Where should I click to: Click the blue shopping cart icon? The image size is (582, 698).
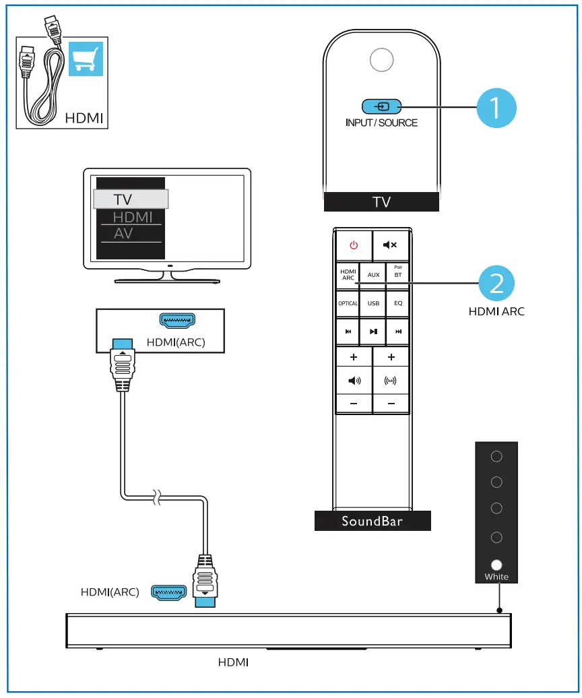tap(85, 61)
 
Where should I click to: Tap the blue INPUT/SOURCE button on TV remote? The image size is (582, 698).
tap(381, 106)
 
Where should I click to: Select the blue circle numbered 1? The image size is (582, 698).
tap(496, 108)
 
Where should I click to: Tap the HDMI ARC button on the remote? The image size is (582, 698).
tap(348, 275)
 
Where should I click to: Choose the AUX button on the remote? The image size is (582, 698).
tap(373, 276)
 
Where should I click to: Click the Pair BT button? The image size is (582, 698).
tap(398, 275)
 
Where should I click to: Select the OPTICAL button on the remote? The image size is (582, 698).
tap(348, 303)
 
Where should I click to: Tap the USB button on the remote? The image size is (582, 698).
tap(373, 303)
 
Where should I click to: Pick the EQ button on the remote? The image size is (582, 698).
tap(398, 303)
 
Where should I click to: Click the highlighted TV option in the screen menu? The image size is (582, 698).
tap(130, 199)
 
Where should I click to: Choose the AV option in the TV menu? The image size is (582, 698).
tap(124, 234)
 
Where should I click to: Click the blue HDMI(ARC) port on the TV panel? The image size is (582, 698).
tap(176, 321)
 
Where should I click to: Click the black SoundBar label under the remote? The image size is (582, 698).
tap(372, 521)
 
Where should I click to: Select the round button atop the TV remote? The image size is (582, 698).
tap(381, 61)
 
